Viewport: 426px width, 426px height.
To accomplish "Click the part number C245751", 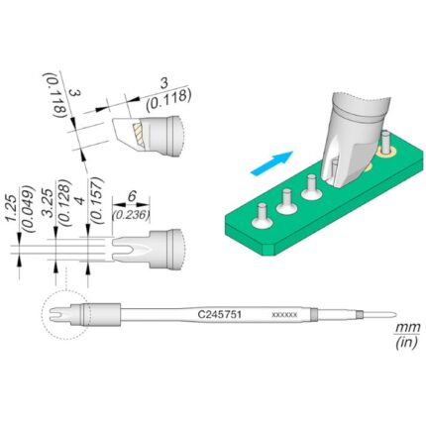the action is pos(219,314).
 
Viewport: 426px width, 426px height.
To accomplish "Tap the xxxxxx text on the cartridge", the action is pos(284,315).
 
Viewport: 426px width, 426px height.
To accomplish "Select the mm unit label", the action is pos(408,328).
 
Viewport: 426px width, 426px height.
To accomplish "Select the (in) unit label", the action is pos(406,342).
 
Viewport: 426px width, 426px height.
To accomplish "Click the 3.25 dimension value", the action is pos(49,203).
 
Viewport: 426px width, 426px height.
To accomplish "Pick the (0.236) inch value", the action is pos(131,215).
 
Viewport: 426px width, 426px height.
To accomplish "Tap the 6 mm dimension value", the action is pos(132,197).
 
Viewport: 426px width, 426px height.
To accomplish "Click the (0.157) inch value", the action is pos(97,201).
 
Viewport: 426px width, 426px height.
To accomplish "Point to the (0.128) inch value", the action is pos(64,203).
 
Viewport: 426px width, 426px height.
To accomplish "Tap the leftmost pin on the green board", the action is pos(263,216).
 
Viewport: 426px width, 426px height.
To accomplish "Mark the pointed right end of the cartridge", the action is pos(396,314).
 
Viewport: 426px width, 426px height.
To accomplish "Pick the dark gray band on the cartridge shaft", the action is pos(314,315).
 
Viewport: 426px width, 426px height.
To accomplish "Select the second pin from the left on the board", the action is pos(287,202).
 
